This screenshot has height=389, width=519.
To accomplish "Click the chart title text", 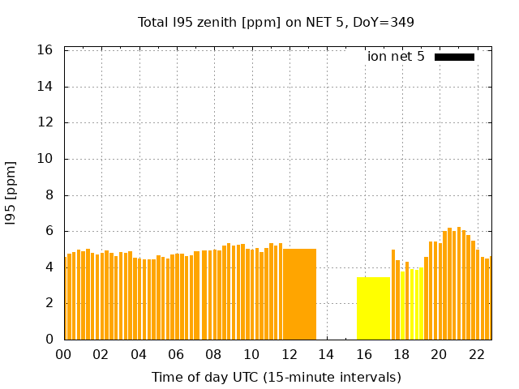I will click(276, 22).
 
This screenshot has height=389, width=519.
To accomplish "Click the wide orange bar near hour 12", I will click(299, 293).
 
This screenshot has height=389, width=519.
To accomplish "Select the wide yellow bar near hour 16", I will click(373, 308).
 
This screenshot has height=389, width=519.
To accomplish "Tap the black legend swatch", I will click(454, 57).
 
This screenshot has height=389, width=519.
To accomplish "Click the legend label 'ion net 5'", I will click(396, 57).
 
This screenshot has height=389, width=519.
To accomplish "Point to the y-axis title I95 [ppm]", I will click(11, 193).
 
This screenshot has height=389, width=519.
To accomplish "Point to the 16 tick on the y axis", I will click(45, 50).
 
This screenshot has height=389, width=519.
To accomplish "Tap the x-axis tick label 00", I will click(63, 355).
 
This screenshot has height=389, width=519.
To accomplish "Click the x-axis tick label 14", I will click(326, 355).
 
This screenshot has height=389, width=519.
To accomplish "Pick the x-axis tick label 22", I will click(476, 355).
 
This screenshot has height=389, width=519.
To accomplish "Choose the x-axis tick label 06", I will click(176, 355).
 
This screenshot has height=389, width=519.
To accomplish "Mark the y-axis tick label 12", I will click(45, 123).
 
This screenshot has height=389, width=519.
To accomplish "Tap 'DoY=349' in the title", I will click(384, 22).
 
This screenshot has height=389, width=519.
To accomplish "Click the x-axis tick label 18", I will click(401, 355).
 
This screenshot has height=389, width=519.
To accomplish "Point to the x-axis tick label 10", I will click(251, 355).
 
